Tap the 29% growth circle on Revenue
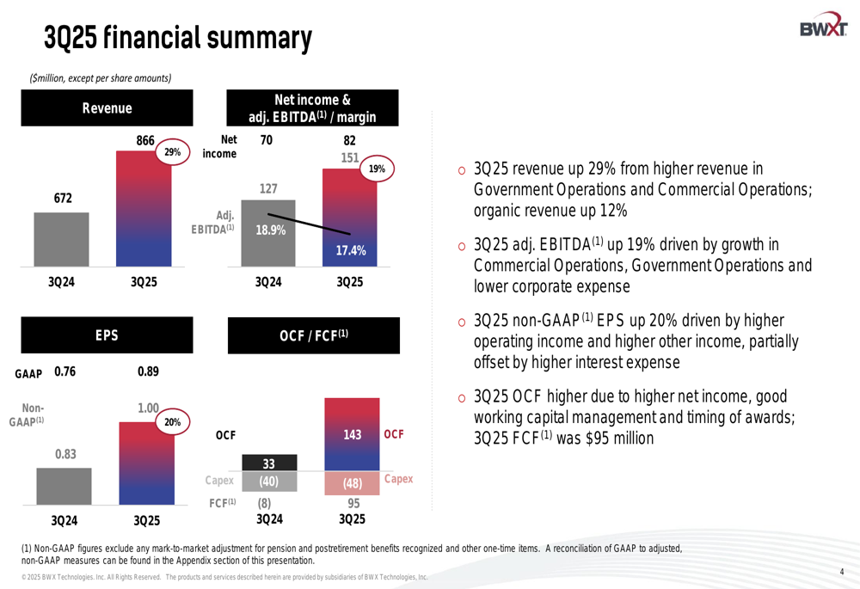point(172,152)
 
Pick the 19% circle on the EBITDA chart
point(376,169)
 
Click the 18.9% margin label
point(270,230)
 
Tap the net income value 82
point(349,140)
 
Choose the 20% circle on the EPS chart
point(172,422)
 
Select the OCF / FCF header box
point(314,336)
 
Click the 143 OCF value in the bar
point(352,435)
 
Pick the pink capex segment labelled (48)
point(352,483)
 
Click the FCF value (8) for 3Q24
point(268,502)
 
